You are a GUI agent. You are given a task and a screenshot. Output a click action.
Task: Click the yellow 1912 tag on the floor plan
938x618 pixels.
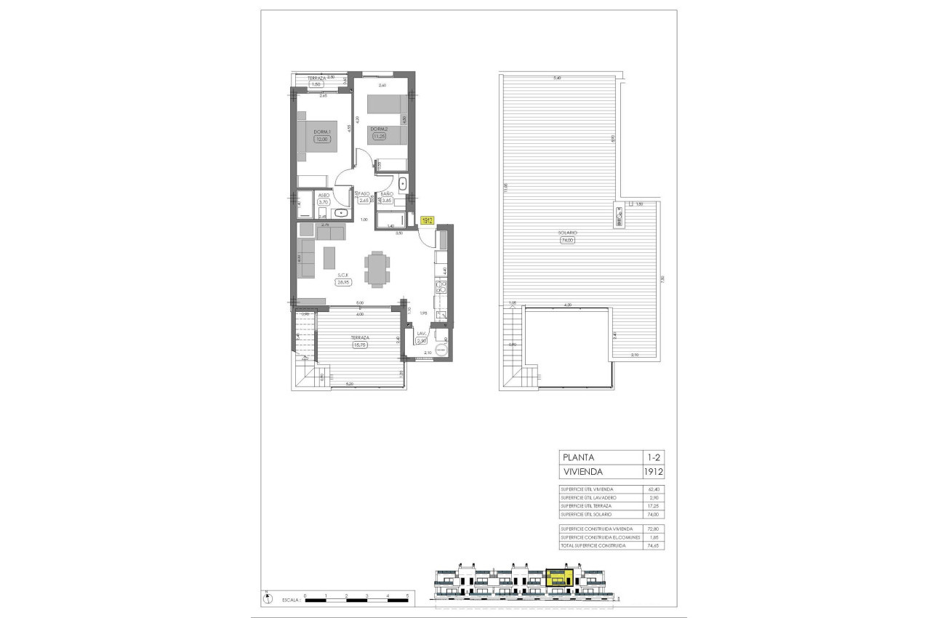click(x=428, y=221)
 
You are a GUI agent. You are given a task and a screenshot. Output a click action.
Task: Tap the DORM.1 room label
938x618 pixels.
click(x=322, y=132)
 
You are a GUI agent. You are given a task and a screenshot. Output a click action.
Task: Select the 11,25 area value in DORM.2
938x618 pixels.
click(x=379, y=135)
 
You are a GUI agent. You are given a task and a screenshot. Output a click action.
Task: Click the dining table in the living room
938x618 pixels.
click(x=376, y=269)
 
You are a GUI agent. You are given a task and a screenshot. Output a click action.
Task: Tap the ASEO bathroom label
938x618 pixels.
click(x=324, y=195)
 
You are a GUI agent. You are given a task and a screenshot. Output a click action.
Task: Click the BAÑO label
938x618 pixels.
click(x=387, y=193)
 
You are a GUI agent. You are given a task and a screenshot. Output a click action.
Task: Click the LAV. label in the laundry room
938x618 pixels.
click(x=421, y=333)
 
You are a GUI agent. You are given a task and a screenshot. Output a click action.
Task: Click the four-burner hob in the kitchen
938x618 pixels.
click(x=440, y=288)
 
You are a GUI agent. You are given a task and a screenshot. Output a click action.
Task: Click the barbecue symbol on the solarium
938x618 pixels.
click(x=619, y=215)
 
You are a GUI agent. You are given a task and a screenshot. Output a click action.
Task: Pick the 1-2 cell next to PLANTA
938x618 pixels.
click(x=654, y=457)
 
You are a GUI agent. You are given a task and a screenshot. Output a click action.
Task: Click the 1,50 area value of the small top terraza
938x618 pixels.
click(x=316, y=84)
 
